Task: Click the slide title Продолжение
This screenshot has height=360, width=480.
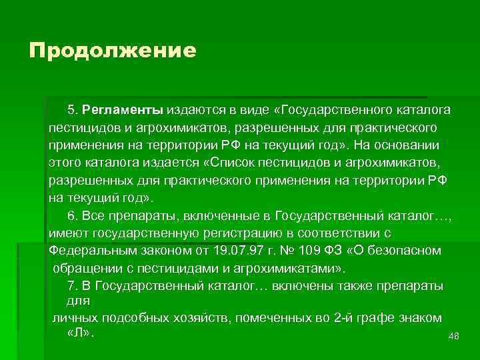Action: click(112, 51)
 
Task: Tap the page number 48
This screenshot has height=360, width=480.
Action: click(455, 337)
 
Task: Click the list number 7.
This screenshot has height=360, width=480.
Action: click(72, 286)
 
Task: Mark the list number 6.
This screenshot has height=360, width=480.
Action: click(72, 215)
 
